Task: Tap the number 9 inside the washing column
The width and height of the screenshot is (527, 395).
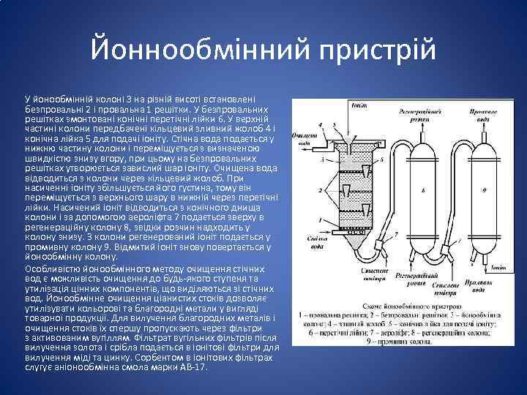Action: tap(484, 190)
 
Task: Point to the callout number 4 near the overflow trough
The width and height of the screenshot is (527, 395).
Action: tap(323, 125)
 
